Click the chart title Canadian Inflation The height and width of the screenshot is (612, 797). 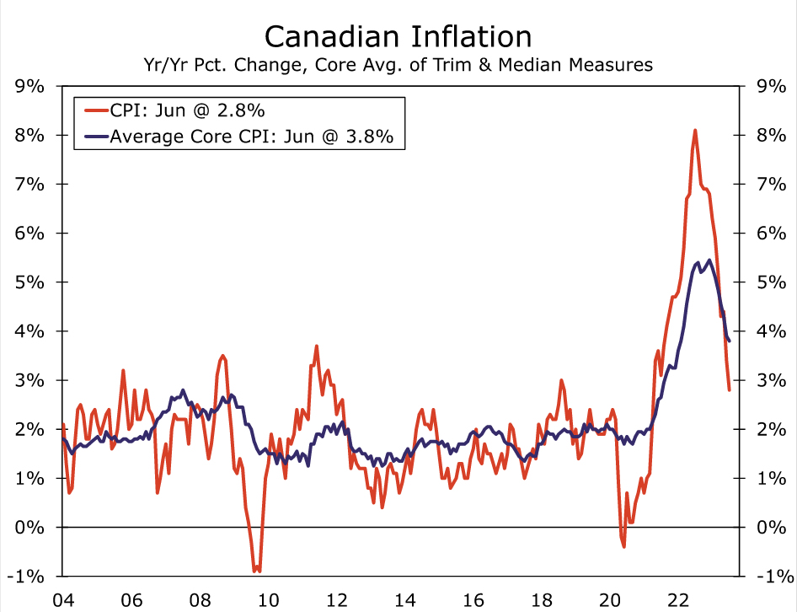[398, 36]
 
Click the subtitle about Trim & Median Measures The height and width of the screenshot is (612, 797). [398, 64]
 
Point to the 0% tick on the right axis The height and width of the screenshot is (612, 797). [773, 528]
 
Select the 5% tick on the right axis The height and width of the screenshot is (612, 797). [773, 282]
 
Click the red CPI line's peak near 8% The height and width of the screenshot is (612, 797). [695, 130]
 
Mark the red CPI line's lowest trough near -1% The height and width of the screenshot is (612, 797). [256, 572]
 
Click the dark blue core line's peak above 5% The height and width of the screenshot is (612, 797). [709, 260]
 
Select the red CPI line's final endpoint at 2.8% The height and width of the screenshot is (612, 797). [729, 389]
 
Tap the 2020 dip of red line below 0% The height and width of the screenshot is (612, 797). [623, 546]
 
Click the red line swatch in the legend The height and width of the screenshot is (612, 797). [92, 110]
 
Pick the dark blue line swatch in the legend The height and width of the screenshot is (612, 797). [92, 137]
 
